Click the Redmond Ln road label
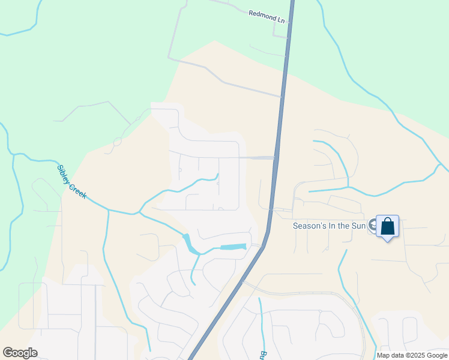[267, 16]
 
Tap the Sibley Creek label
[72, 181]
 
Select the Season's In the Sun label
[330, 226]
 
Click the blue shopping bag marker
[388, 226]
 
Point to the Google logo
[20, 353]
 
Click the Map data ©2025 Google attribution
[411, 355]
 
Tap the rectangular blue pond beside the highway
[233, 247]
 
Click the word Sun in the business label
[359, 226]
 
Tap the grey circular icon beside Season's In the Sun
[373, 226]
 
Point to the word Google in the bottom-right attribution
[433, 355]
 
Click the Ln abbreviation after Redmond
[280, 19]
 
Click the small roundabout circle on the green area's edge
[118, 142]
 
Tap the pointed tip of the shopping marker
[388, 240]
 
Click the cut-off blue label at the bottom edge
[262, 355]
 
